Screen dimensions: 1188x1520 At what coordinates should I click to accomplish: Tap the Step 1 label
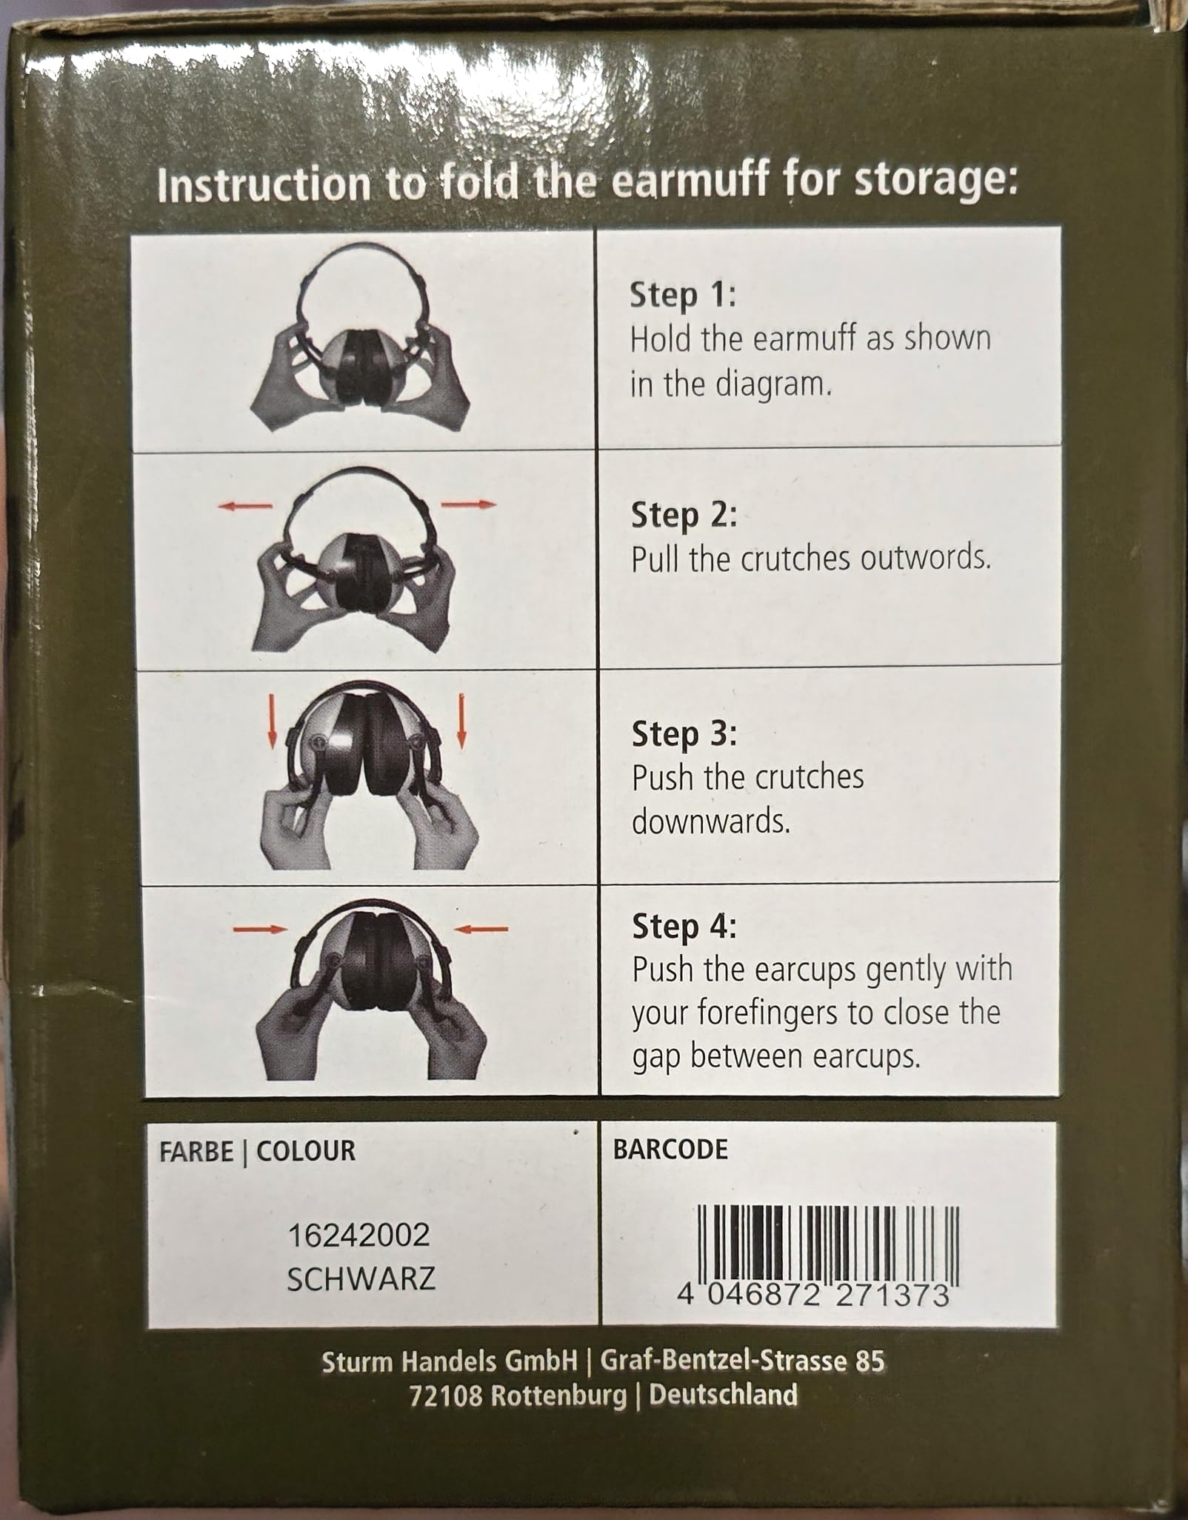pyautogui.click(x=683, y=296)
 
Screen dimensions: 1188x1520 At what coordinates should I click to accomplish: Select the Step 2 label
pyautogui.click(x=684, y=516)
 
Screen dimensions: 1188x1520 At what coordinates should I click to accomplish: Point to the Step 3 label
pyautogui.click(x=684, y=734)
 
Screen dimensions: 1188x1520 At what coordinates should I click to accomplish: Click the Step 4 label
pyautogui.click(x=684, y=926)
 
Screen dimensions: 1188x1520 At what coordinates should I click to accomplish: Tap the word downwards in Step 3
pyautogui.click(x=711, y=821)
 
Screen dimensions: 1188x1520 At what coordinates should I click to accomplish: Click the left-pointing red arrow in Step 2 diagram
pyautogui.click(x=245, y=506)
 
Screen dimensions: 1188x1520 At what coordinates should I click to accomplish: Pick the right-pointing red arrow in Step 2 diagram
pyautogui.click(x=468, y=504)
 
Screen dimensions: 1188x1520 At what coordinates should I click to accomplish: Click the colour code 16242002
pyautogui.click(x=358, y=1235)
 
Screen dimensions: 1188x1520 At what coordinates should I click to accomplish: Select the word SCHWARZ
pyautogui.click(x=361, y=1279)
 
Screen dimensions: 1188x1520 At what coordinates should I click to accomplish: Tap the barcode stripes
pyautogui.click(x=828, y=1244)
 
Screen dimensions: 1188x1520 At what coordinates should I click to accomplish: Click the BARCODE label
pyautogui.click(x=670, y=1149)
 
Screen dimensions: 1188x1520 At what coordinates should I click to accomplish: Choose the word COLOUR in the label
pyautogui.click(x=306, y=1151)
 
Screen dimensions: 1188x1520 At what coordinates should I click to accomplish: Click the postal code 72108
pyautogui.click(x=447, y=1396)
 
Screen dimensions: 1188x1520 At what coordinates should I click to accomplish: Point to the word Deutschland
pyautogui.click(x=724, y=1395)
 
